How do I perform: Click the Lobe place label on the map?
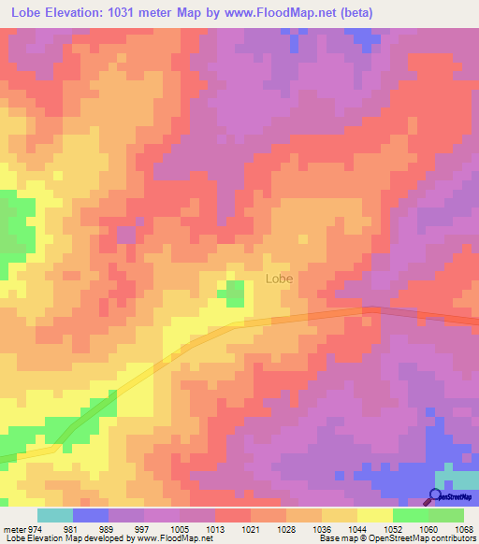pos(279,279)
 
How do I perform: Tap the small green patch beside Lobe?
pos(234,293)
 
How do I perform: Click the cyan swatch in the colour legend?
pos(55,515)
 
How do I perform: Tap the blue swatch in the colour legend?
pos(91,515)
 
